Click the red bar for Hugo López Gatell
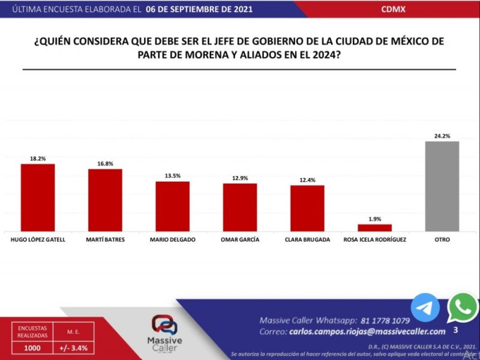[38, 197]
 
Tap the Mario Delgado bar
[173, 206]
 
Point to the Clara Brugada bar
[307, 208]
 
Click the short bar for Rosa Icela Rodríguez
[374, 227]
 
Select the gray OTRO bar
[442, 186]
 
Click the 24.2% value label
[442, 136]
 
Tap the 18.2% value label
[38, 158]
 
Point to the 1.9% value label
[374, 219]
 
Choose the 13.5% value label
[173, 176]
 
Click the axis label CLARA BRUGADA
[307, 239]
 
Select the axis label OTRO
[442, 239]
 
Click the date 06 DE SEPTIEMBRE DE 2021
[199, 10]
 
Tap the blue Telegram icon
[425, 308]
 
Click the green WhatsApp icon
[463, 308]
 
